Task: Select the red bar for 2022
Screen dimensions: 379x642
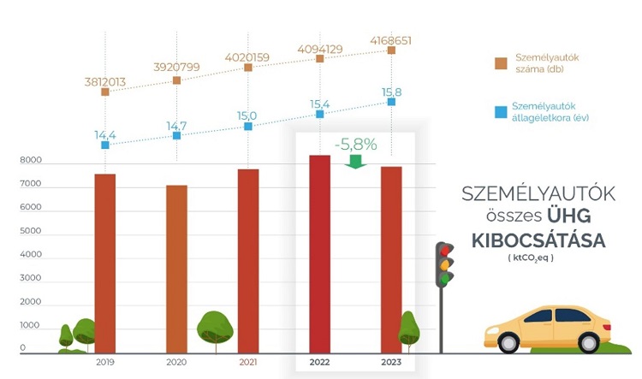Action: pyautogui.click(x=319, y=253)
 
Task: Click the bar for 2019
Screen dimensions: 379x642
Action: pyautogui.click(x=104, y=263)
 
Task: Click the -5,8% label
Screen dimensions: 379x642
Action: pyautogui.click(x=355, y=145)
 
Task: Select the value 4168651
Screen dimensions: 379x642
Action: pyautogui.click(x=390, y=39)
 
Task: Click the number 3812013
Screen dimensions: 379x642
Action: pyautogui.click(x=104, y=82)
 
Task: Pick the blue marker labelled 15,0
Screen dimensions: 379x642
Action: pyautogui.click(x=248, y=126)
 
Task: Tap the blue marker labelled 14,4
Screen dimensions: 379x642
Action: pyautogui.click(x=104, y=145)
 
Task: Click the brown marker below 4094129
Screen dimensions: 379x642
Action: pyautogui.click(x=319, y=60)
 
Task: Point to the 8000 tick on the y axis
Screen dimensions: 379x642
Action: pyautogui.click(x=31, y=160)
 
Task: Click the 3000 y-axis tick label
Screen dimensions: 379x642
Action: pyautogui.click(x=31, y=279)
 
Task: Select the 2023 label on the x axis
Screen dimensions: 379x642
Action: pyautogui.click(x=390, y=364)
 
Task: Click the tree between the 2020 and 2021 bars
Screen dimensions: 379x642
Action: pyautogui.click(x=215, y=328)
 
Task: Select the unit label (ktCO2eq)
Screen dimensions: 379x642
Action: pyautogui.click(x=532, y=258)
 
